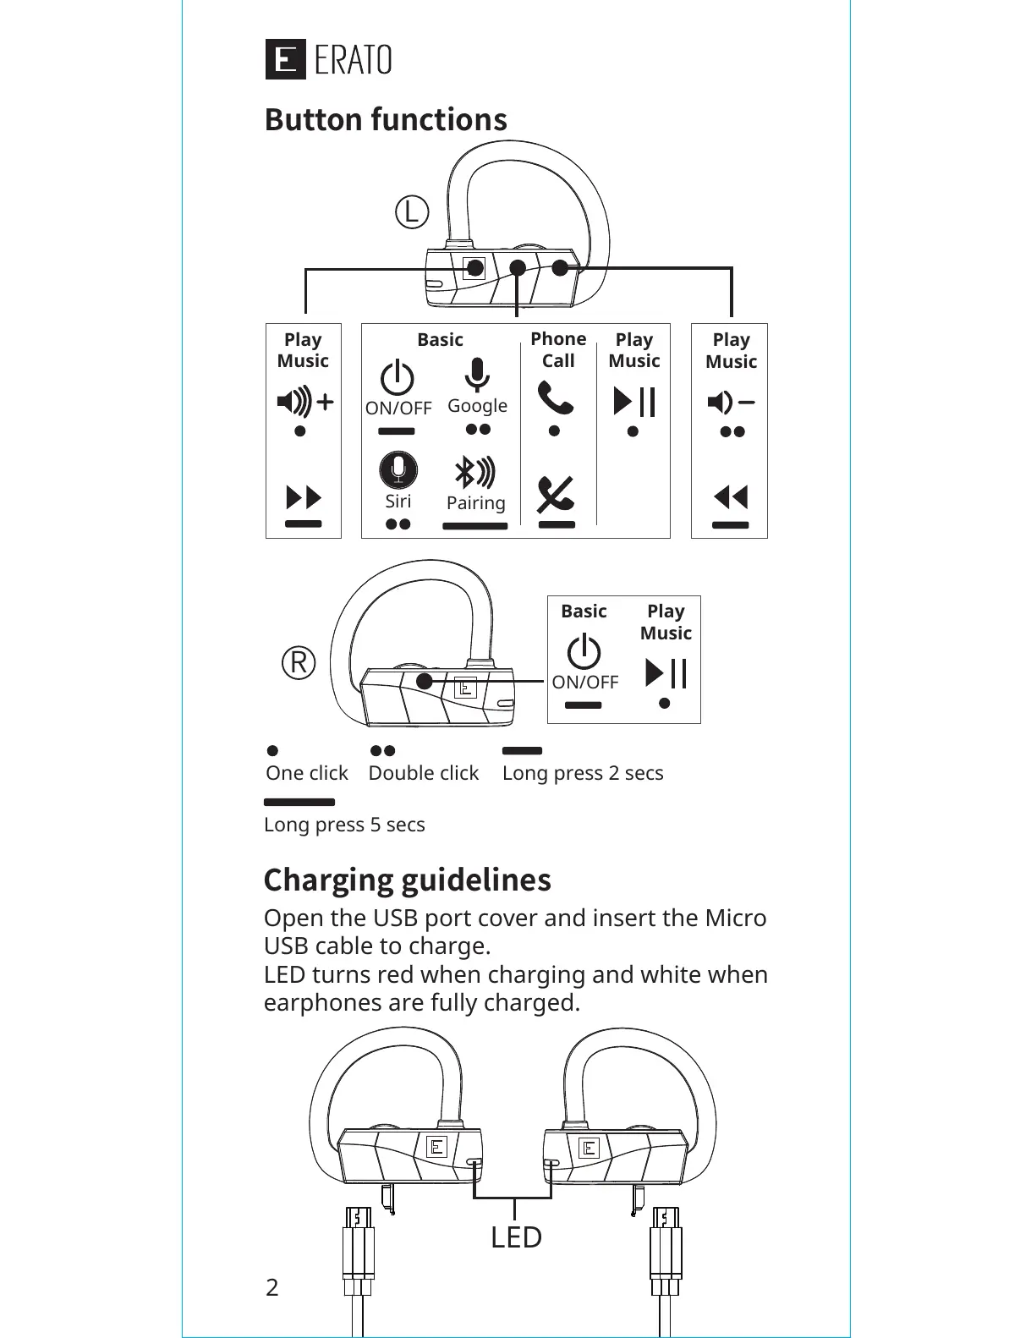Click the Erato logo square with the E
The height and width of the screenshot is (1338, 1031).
point(285,60)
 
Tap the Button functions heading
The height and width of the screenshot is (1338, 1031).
point(386,120)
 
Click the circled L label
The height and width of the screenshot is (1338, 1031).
point(412,212)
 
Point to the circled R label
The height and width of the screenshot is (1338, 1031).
point(299,662)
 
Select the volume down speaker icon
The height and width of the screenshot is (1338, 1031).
point(731,402)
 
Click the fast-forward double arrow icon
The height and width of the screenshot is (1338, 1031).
point(304,496)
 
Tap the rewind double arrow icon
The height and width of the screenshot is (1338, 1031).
point(731,496)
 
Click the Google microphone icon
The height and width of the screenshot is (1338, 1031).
point(477,375)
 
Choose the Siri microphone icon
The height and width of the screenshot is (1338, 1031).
point(398,470)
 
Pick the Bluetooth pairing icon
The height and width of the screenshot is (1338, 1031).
point(475,472)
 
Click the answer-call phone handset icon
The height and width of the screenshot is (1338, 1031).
point(556,398)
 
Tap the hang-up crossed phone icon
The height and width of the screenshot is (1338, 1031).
point(556,494)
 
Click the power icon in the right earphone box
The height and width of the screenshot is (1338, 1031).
point(584,652)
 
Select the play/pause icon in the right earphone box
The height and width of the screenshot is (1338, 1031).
point(666,673)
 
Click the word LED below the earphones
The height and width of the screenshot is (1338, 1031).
point(516,1237)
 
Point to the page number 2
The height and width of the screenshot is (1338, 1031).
point(271,1287)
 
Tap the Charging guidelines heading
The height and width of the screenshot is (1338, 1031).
point(407,880)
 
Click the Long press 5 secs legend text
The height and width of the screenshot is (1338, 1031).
point(344,825)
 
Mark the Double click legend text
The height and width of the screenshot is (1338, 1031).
point(423,773)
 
